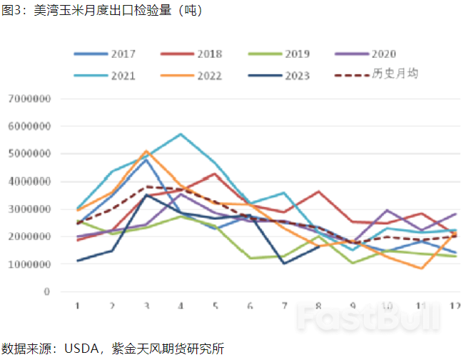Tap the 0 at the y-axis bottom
46,292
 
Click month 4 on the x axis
181,305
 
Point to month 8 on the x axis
318,305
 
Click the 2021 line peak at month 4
181,134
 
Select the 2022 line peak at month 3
146,151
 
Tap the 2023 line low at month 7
284,264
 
